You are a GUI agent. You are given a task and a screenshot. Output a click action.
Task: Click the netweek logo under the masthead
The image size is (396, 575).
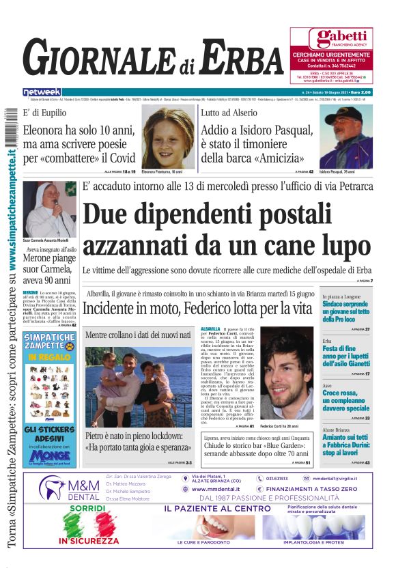(42, 92)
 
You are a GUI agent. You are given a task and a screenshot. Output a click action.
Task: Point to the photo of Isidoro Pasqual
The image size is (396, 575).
(345, 137)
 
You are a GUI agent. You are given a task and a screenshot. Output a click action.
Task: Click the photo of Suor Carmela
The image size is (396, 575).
(50, 209)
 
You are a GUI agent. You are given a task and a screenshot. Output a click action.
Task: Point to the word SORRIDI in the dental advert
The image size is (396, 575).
(87, 509)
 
